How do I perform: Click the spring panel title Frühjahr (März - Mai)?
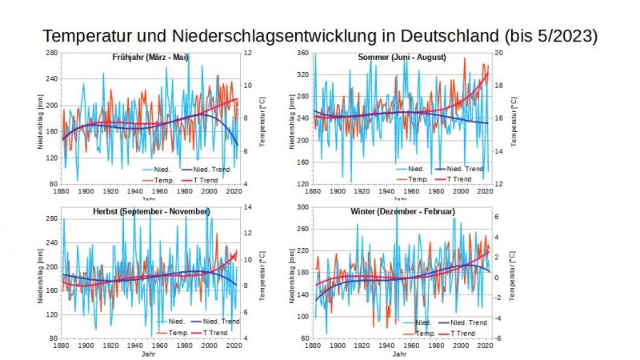[x=151, y=58]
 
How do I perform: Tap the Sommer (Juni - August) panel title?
[x=402, y=58]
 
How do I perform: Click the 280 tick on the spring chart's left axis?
[x=50, y=53]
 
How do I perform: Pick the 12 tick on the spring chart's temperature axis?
[x=248, y=53]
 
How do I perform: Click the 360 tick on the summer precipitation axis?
[x=302, y=53]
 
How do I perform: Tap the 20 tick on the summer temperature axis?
[x=499, y=53]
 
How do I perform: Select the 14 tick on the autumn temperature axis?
[x=248, y=207]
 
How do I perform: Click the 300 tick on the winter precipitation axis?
[x=302, y=207]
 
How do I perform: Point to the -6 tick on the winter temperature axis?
[x=498, y=338]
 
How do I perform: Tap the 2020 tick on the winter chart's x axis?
[x=481, y=346]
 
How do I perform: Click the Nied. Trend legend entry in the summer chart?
[x=464, y=169]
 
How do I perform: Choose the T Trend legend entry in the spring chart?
[x=210, y=179]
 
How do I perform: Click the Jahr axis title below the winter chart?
[x=398, y=354]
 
